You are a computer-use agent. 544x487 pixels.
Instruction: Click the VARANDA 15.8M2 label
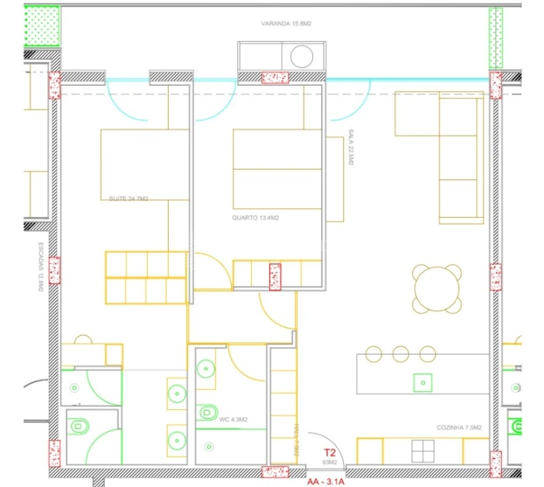click(286, 24)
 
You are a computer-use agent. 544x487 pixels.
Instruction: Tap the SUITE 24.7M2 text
click(129, 199)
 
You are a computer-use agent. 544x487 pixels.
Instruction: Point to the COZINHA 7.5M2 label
click(459, 427)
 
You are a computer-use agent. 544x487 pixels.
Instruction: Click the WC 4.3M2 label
click(233, 420)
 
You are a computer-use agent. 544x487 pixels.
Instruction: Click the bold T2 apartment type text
click(330, 453)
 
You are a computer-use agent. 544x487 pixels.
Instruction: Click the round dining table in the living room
click(437, 289)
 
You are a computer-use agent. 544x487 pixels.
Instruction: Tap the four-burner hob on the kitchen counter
click(424, 449)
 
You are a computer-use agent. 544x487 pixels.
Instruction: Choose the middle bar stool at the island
click(400, 353)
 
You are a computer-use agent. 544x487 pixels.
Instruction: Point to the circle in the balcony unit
click(301, 55)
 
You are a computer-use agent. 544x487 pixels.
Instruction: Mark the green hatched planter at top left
click(42, 25)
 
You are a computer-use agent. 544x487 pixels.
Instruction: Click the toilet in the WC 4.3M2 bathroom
click(207, 411)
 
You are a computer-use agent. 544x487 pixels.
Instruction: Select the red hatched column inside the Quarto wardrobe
click(275, 277)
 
